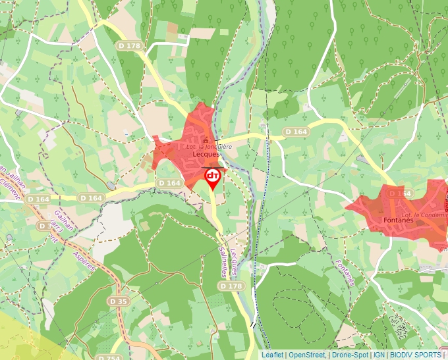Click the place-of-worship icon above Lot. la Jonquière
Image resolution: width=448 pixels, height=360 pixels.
click(x=206, y=140)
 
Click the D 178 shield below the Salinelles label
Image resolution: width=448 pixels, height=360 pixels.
click(x=231, y=286)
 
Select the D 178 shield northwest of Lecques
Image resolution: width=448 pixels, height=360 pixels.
click(x=130, y=45)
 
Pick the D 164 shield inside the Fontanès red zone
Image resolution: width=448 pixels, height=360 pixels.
click(x=400, y=193)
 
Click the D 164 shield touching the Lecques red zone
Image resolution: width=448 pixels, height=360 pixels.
click(x=169, y=183)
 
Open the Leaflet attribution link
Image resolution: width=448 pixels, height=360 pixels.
click(x=272, y=355)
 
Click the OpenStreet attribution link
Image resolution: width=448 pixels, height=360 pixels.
click(x=306, y=355)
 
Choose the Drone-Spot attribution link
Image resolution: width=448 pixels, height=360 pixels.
click(x=350, y=355)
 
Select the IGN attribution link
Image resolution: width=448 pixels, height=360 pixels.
click(x=379, y=355)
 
